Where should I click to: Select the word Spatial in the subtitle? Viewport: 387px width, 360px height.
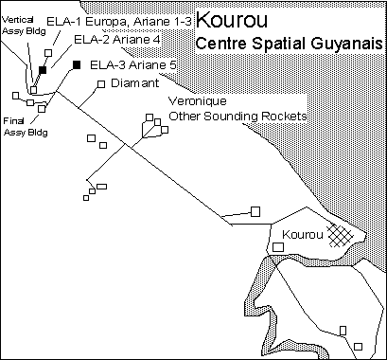tap(275, 45)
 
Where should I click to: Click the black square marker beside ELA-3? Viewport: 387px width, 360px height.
tap(76, 64)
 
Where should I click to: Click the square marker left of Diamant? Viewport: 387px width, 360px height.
tap(99, 83)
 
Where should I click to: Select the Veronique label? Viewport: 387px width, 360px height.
tap(194, 100)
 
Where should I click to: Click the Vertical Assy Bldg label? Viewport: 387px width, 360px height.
tap(19, 25)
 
